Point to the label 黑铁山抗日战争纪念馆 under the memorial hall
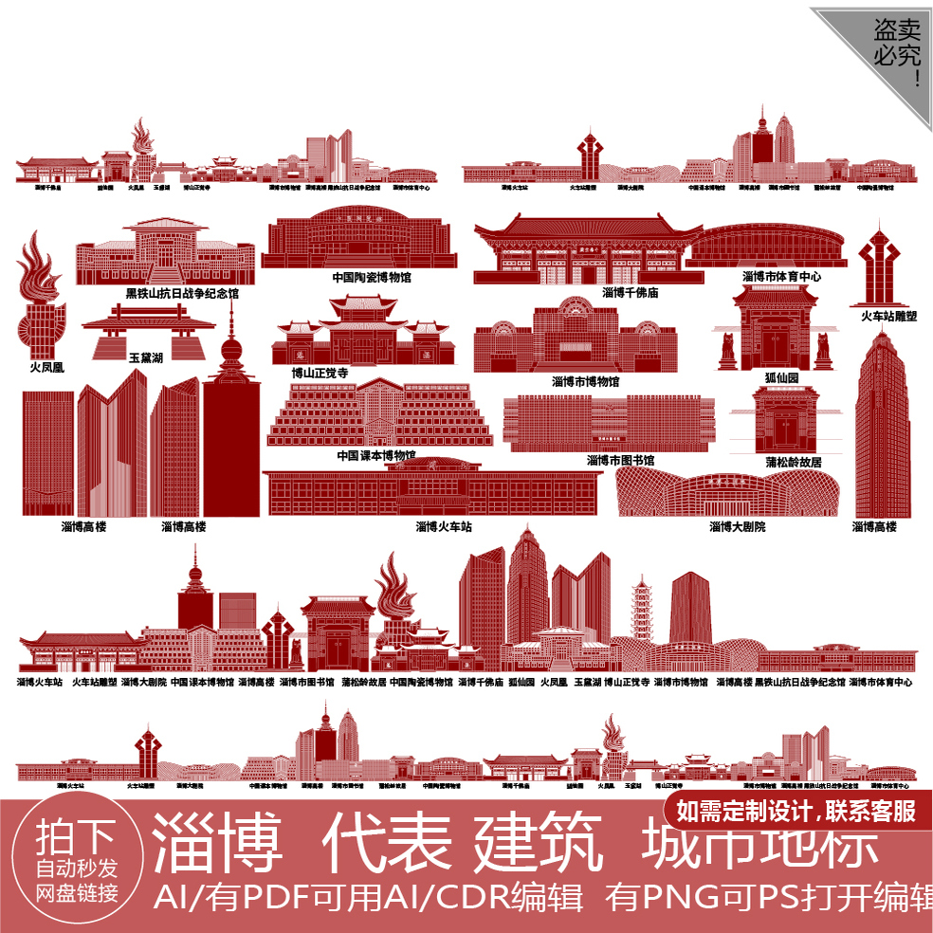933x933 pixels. coord(182,294)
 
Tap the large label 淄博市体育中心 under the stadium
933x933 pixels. coord(781,277)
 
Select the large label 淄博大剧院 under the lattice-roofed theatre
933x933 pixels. coord(738,526)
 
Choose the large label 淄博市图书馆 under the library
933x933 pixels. coord(620,461)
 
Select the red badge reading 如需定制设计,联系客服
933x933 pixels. coord(796,812)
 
